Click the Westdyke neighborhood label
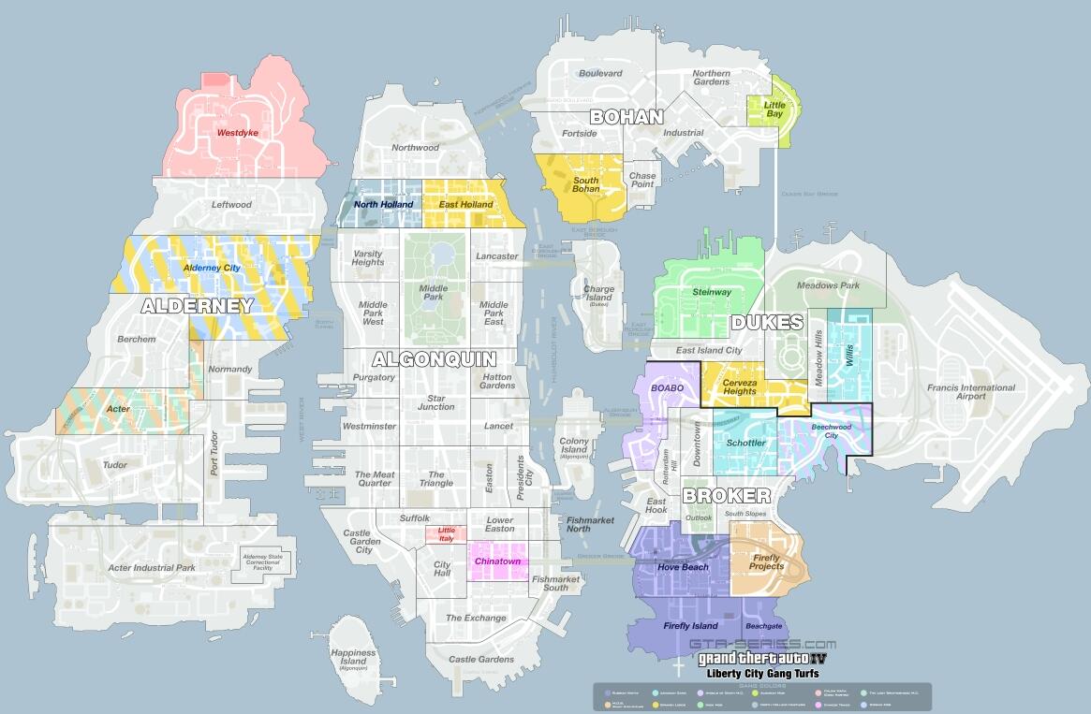tap(237, 133)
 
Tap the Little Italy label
tap(446, 534)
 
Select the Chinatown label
tap(497, 561)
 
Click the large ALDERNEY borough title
tap(198, 306)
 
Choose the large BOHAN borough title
tap(626, 117)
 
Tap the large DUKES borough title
tap(767, 323)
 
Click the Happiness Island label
tap(353, 658)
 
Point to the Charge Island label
tap(599, 294)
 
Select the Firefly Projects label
tap(766, 561)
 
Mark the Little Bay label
tap(774, 109)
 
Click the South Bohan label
tap(586, 184)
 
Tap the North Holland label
tap(383, 204)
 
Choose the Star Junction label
tap(435, 401)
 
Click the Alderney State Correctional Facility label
tap(269, 561)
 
